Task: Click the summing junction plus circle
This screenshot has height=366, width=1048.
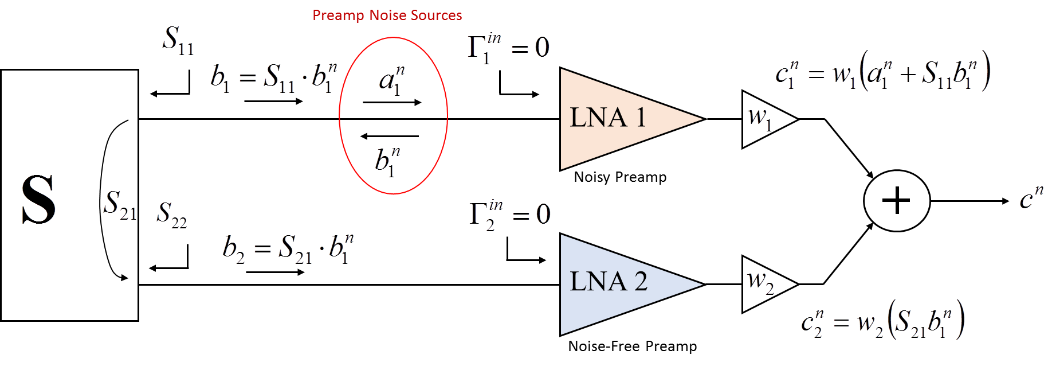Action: coord(896,201)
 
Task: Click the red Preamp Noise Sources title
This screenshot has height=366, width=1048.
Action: coord(387,15)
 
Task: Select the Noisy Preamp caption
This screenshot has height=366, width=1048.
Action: coord(620,177)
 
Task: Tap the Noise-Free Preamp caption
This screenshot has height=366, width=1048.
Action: coord(633,346)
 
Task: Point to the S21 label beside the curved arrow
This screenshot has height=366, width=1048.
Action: coord(120,205)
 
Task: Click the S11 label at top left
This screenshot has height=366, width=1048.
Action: coord(178,40)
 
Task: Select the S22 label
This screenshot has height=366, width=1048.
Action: coord(172,214)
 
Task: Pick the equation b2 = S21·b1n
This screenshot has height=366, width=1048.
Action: coord(288,249)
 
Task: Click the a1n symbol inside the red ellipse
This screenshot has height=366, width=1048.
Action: coord(392,80)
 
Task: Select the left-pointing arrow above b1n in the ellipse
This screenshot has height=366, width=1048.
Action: coord(390,137)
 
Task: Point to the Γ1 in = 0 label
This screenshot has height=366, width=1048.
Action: coord(509,48)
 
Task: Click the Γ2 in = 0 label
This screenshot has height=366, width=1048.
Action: coord(509,215)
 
